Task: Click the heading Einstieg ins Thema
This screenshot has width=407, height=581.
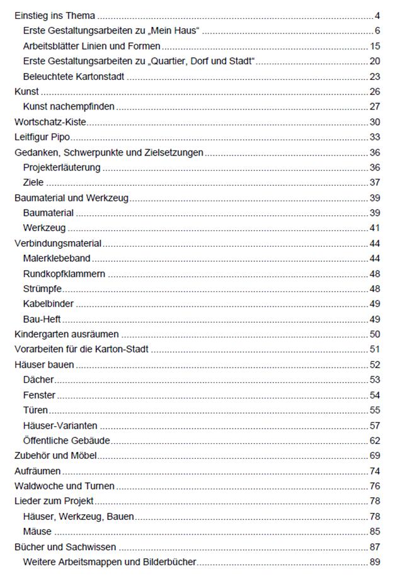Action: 54,16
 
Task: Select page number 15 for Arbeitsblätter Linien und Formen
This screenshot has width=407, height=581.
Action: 374,46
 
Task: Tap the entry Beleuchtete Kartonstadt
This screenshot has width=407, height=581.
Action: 74,77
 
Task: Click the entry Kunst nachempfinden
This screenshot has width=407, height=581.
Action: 69,107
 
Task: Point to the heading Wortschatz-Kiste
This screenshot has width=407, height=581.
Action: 50,122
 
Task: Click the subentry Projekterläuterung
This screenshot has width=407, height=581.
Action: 62,167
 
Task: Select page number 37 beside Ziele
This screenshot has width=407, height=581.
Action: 374,183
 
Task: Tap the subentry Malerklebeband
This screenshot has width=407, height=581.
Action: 57,258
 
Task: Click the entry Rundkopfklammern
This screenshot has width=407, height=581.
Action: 64,274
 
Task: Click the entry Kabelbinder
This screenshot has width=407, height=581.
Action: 49,304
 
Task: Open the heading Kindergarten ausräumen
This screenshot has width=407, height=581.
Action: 66,334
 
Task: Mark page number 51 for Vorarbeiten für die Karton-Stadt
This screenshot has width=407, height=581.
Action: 374,349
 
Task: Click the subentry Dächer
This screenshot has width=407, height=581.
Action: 38,380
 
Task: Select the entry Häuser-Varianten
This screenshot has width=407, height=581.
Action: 60,426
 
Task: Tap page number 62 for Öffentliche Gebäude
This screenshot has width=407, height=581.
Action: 374,441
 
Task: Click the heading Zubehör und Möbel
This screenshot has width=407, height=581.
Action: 55,455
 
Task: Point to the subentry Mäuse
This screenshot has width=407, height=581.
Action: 37,531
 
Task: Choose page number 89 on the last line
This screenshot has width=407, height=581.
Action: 374,561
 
